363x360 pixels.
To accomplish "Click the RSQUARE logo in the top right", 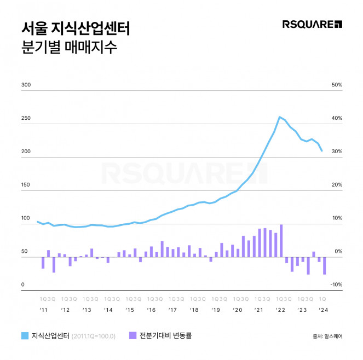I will [x=312, y=24].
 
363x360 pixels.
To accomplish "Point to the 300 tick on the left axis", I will [x=25, y=85].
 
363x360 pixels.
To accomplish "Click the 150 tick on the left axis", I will [x=25, y=185].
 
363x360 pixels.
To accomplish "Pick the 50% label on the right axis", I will [x=337, y=85].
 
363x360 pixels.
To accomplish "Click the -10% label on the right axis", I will [x=336, y=285].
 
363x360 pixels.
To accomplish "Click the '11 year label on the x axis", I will [x=44, y=310].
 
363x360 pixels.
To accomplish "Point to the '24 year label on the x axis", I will [x=323, y=310].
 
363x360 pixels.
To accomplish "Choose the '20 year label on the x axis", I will [x=237, y=310].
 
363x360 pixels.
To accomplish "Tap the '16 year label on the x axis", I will [x=151, y=310].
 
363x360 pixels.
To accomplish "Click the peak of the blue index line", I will [x=280, y=117].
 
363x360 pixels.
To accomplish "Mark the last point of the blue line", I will [x=322, y=150].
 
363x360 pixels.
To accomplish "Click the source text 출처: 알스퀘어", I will [x=327, y=336].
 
